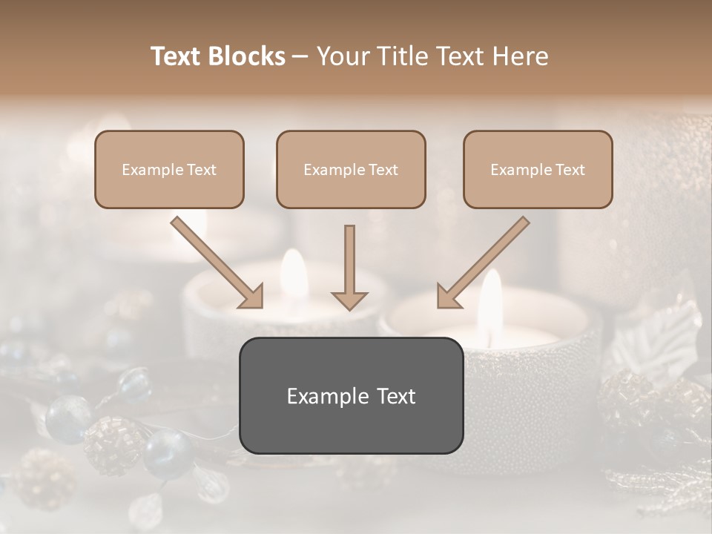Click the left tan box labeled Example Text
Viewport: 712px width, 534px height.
click(169, 169)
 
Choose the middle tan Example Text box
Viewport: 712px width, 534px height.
click(351, 169)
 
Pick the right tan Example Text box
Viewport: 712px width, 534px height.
click(538, 169)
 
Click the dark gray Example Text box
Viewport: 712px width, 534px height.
click(351, 395)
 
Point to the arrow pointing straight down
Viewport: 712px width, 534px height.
click(349, 267)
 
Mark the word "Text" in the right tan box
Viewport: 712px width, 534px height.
click(570, 170)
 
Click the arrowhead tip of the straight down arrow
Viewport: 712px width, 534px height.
click(349, 308)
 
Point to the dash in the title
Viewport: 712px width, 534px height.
click(301, 57)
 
